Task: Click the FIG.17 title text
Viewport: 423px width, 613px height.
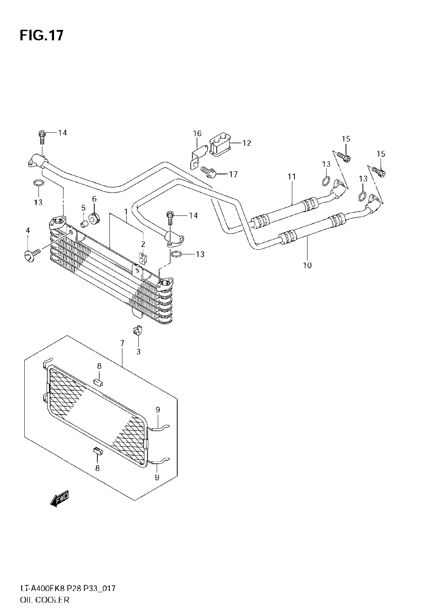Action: (42, 36)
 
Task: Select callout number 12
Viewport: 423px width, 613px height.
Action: (247, 143)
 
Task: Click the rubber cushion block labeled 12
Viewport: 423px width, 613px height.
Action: (220, 145)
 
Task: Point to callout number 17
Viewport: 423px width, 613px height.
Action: (233, 174)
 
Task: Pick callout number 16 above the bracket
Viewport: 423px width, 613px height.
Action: (197, 133)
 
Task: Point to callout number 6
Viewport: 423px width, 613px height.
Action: (94, 199)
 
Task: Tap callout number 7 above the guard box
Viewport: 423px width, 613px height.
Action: (122, 343)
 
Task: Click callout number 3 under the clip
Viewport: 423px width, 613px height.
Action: (138, 352)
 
